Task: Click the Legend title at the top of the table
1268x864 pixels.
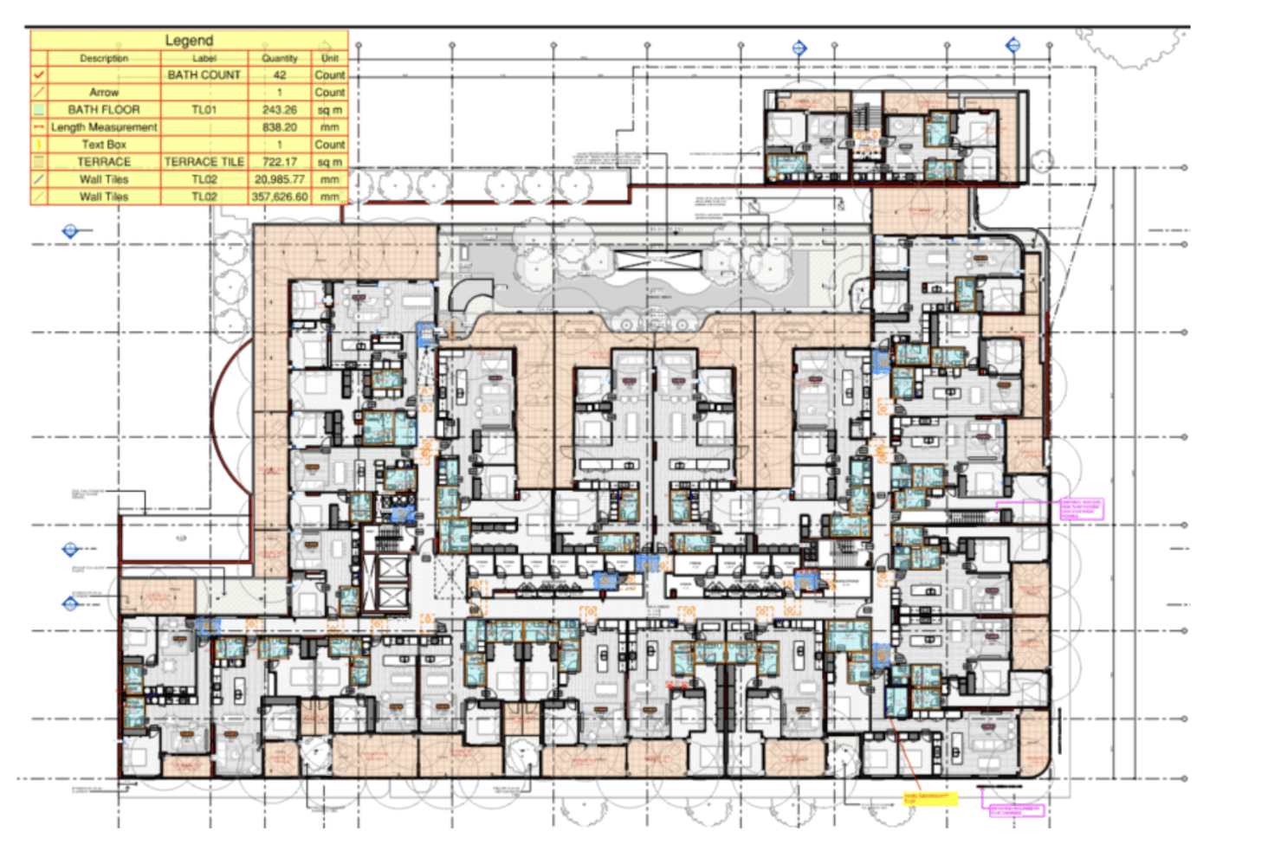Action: (189, 40)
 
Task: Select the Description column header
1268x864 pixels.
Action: (104, 58)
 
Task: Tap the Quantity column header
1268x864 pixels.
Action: (279, 58)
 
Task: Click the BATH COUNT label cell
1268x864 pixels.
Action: (204, 75)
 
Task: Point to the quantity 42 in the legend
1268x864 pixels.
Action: (279, 75)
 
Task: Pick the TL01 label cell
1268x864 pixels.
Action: (204, 110)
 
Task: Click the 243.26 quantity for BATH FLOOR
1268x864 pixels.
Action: (279, 110)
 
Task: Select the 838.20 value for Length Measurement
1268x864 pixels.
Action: (279, 127)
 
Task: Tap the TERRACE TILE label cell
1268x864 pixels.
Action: (204, 162)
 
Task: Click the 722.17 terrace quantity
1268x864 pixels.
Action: (279, 162)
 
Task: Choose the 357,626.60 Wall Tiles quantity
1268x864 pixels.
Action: (279, 197)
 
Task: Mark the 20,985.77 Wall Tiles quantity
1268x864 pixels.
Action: (279, 179)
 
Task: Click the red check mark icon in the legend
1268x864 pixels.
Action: (39, 75)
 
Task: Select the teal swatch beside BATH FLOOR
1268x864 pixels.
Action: (39, 110)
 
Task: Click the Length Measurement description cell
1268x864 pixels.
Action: (104, 127)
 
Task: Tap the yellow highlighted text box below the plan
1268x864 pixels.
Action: (930, 798)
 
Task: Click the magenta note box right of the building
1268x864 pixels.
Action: (1082, 508)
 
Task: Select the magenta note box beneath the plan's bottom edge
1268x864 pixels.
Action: (1016, 810)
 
